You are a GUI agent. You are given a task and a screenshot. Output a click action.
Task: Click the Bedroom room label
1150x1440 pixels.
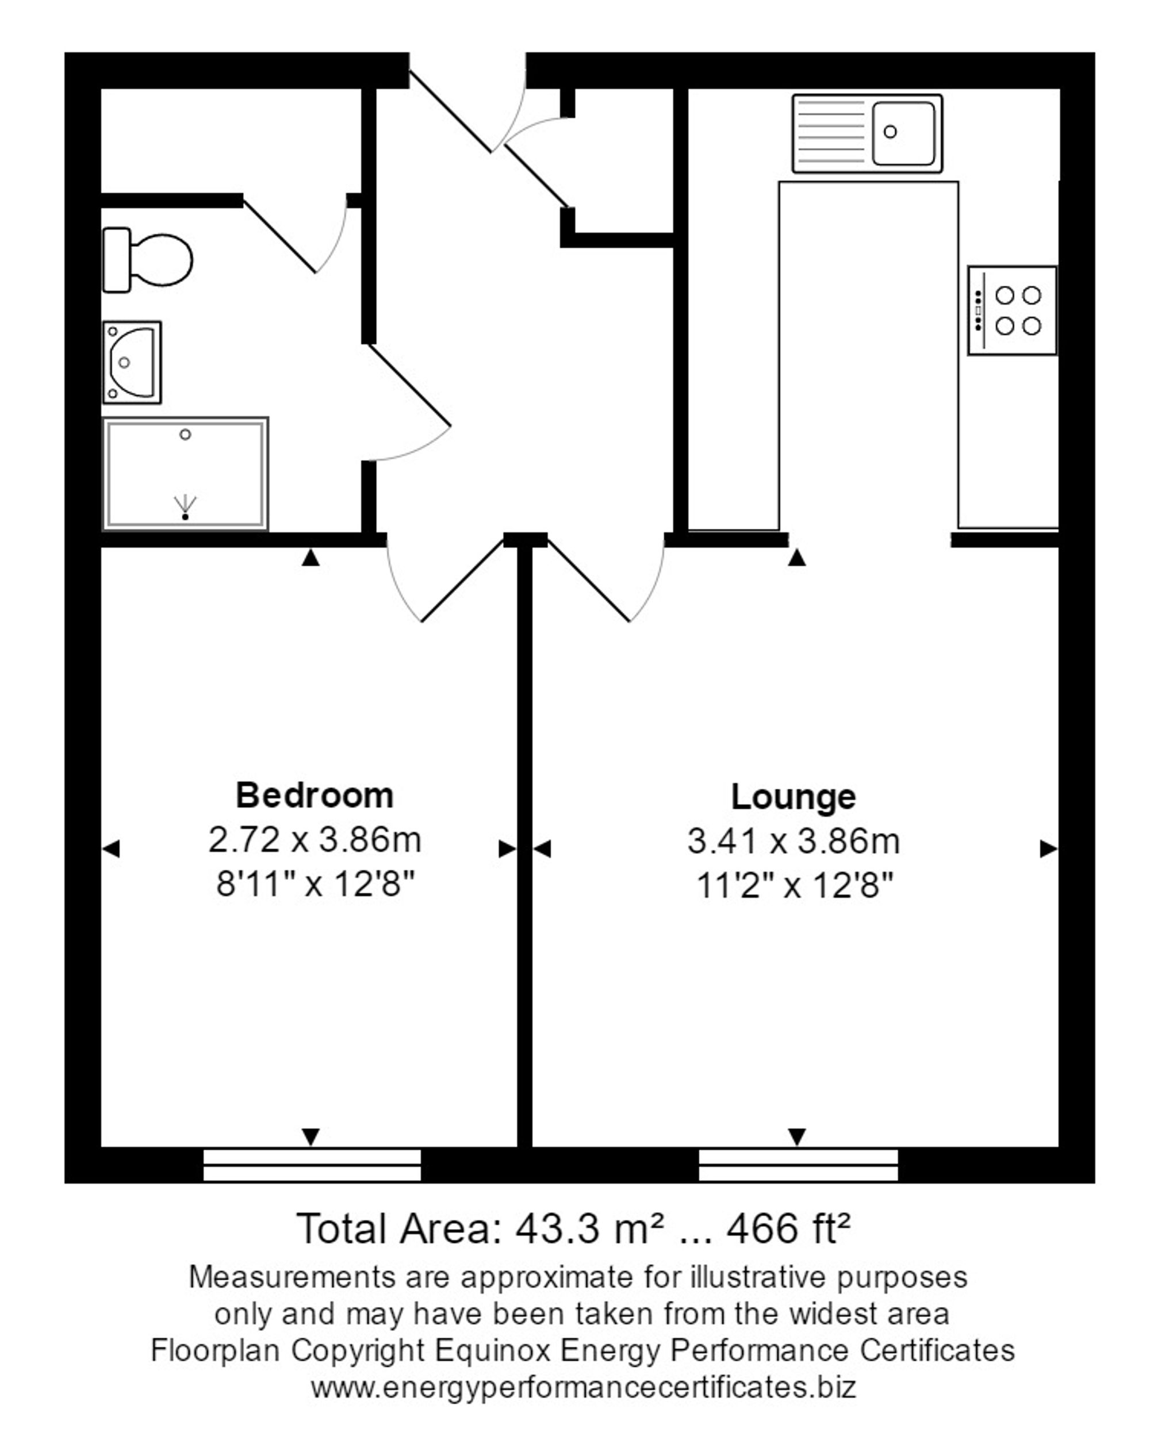click(x=314, y=796)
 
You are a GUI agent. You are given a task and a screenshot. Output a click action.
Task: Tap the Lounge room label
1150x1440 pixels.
click(x=792, y=797)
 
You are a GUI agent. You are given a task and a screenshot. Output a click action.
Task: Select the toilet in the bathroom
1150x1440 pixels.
click(x=147, y=260)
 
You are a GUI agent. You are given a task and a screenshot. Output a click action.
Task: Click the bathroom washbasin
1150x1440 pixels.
click(x=132, y=362)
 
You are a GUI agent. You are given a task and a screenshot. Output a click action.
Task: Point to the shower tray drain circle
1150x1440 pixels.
click(x=185, y=435)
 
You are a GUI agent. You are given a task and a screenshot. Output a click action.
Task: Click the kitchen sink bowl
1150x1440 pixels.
click(x=902, y=133)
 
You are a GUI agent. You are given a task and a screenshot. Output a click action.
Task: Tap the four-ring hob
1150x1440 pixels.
click(x=1011, y=310)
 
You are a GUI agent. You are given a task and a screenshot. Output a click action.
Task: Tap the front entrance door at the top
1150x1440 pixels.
click(x=467, y=114)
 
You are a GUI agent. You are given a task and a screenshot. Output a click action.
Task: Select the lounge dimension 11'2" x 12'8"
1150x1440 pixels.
click(x=794, y=886)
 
